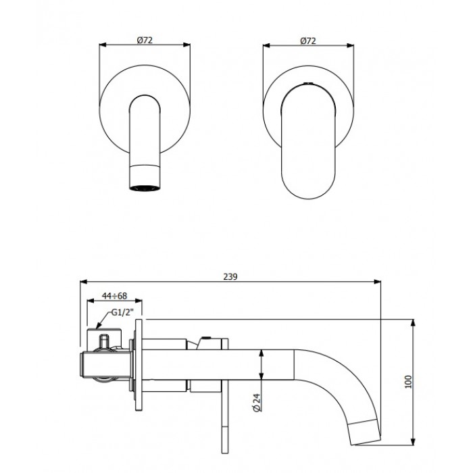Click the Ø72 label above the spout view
(145, 40)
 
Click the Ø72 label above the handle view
(308, 41)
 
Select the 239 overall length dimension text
(230, 276)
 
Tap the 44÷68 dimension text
(114, 296)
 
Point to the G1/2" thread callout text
(122, 312)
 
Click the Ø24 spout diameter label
(257, 403)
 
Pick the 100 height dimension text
(408, 382)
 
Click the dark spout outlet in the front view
(145, 188)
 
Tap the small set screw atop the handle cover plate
(307, 84)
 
